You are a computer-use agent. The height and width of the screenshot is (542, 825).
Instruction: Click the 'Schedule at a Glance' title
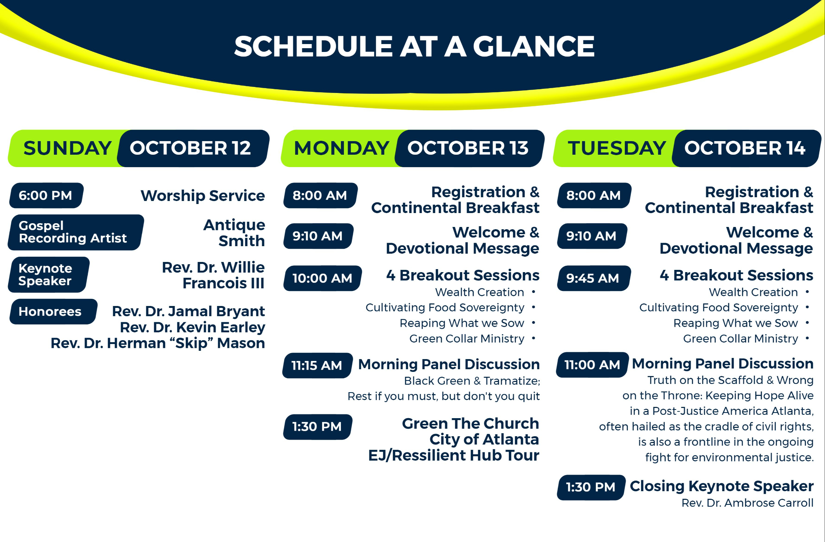point(414,47)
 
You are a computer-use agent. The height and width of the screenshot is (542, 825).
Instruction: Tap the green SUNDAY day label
point(67,148)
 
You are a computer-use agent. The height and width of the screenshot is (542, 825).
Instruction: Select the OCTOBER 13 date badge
point(469,148)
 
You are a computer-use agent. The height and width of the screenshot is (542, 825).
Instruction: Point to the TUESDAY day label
point(617,148)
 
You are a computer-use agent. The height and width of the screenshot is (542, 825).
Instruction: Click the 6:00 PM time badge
point(46,195)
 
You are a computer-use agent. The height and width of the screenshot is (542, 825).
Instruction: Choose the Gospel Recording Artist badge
point(75,232)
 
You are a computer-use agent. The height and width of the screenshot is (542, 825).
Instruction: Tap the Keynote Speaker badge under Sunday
point(49,275)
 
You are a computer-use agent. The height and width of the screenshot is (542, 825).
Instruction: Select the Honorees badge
point(53,312)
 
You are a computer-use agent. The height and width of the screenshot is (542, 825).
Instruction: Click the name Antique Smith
point(234,233)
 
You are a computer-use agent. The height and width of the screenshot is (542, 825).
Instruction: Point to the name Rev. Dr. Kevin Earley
point(192,327)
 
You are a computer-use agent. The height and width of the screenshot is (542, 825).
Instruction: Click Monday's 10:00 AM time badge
point(322,279)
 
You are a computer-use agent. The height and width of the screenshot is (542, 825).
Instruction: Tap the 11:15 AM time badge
point(317,365)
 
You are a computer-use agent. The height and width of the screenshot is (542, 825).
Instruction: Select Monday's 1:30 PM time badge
point(318,427)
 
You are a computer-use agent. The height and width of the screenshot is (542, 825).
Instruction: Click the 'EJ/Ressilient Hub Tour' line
point(453,455)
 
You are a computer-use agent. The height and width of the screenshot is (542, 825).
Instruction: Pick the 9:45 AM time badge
point(593,279)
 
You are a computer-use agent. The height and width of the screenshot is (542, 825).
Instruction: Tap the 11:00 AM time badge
point(592,365)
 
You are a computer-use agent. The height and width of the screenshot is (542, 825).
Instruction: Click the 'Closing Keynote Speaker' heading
point(722,486)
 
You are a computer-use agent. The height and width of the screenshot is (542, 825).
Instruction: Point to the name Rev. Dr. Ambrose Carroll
point(748,503)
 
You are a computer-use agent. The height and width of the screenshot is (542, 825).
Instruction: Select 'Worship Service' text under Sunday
point(203,196)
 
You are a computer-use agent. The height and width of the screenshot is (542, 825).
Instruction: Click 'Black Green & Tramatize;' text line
point(472,381)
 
